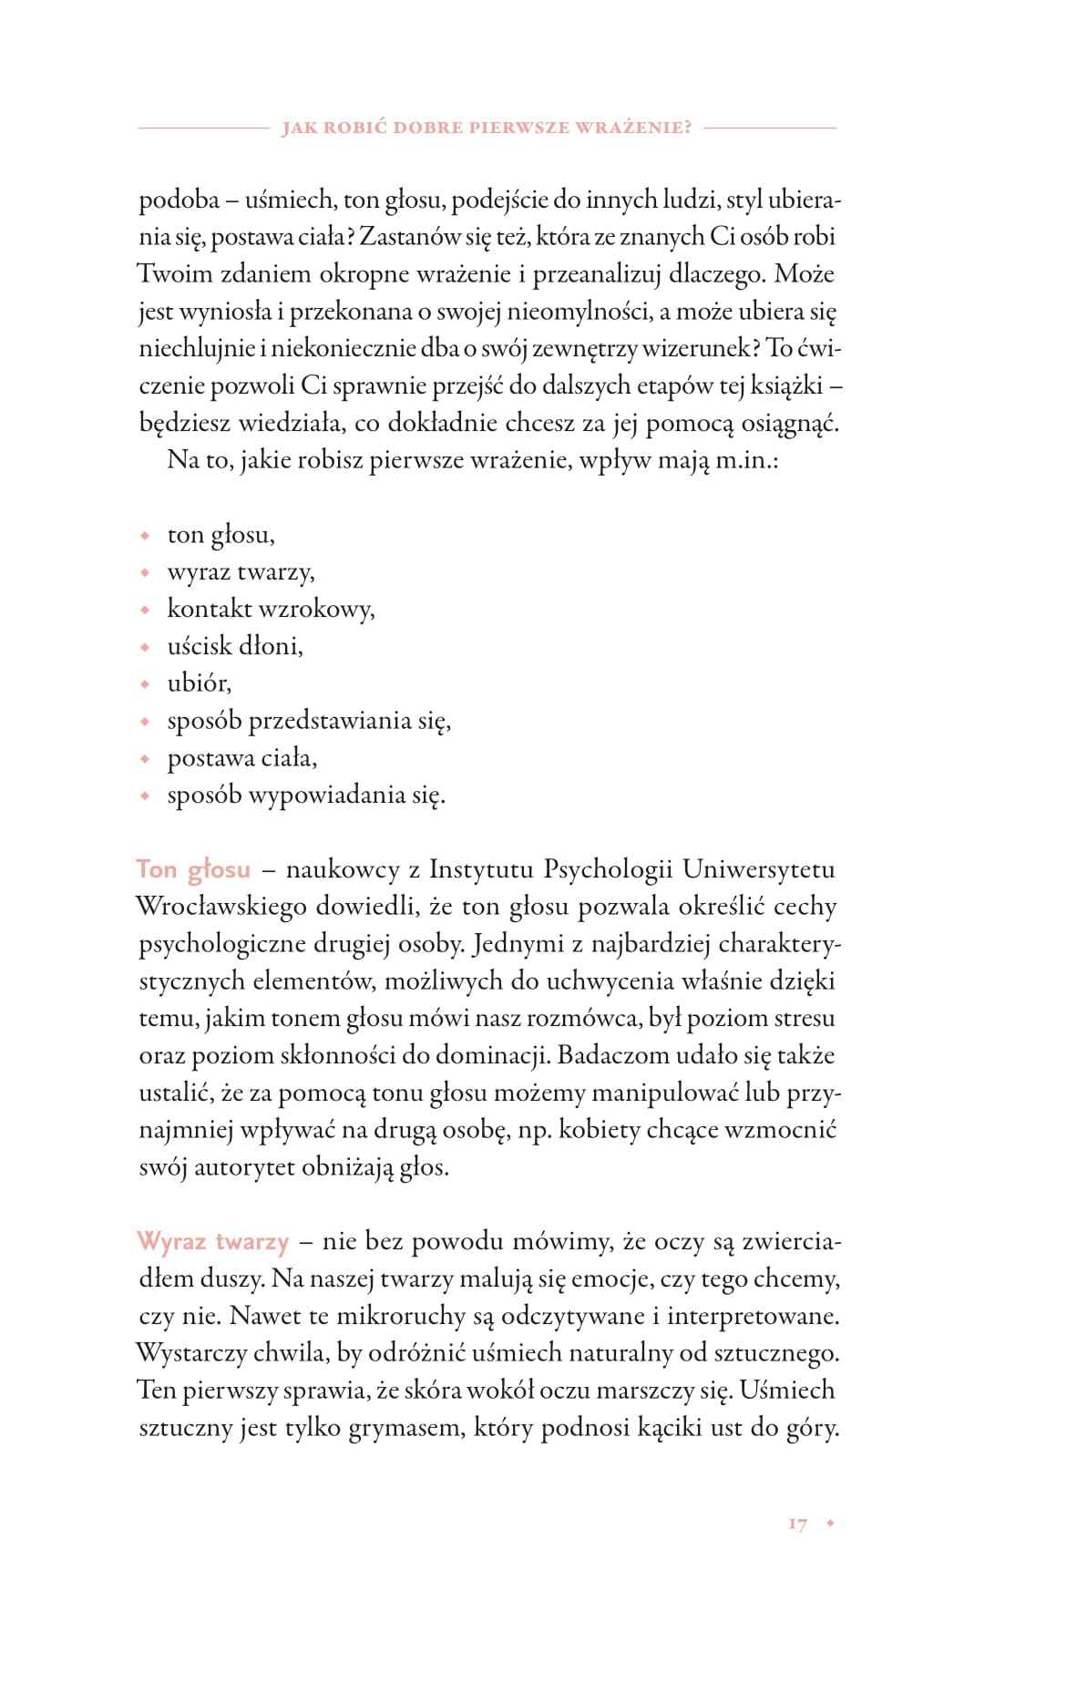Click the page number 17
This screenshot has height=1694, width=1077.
coord(797,1524)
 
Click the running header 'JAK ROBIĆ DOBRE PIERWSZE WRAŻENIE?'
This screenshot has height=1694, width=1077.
coord(487,128)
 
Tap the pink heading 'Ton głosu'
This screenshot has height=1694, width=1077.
coord(193,868)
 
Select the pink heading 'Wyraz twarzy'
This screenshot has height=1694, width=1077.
coord(212,1241)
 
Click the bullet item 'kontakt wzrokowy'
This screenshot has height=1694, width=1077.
coord(271,609)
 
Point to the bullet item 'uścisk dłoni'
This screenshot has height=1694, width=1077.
coord(234,646)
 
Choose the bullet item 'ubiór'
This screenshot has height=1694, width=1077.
coord(199,683)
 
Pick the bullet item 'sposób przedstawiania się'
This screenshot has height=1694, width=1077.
coord(309,721)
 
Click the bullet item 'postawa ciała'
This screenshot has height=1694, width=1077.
coord(241,758)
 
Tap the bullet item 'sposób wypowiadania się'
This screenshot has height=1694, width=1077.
coord(305,796)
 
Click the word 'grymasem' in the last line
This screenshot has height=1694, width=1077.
coord(405,1429)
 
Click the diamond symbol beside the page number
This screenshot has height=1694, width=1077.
coord(829,1524)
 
